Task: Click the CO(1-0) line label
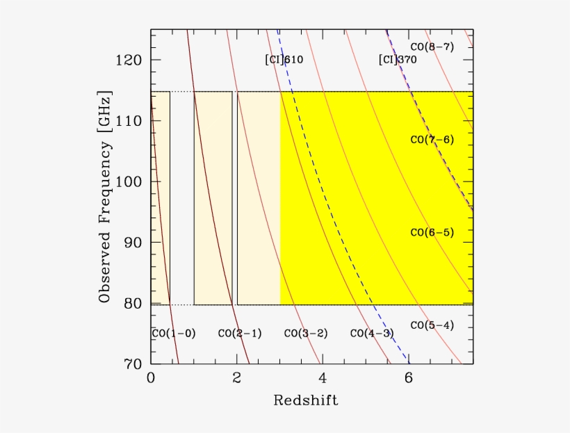tap(174, 334)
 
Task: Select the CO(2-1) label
tap(240, 334)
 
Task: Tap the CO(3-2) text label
tap(306, 334)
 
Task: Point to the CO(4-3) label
tap(372, 334)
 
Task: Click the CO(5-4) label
tap(432, 325)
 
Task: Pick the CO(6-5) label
tap(432, 232)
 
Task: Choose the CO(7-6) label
tap(432, 140)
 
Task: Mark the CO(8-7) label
tap(432, 47)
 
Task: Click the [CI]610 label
tap(284, 60)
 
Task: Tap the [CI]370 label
tap(398, 60)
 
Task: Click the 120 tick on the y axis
tap(129, 60)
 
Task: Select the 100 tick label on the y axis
tap(129, 182)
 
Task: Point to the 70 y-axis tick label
tap(133, 364)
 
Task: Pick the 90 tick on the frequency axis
tap(133, 243)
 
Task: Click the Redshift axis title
tap(306, 400)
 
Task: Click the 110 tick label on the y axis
tap(129, 121)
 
